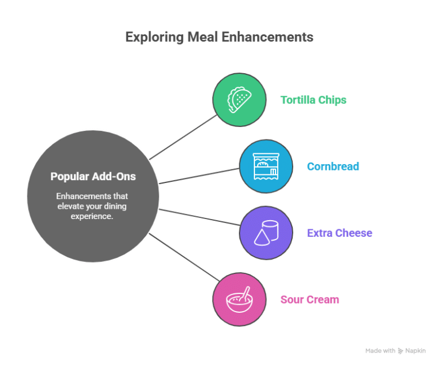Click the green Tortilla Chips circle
point(239,100)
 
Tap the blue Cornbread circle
point(266,166)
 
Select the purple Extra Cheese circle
point(266,233)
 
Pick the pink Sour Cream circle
point(239,299)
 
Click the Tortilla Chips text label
point(313,100)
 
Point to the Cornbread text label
point(333,166)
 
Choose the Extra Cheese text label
point(340,233)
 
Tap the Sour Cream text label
point(309,299)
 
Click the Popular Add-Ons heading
point(93,176)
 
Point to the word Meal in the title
point(201,37)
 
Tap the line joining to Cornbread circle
point(199,176)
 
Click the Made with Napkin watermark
point(396,351)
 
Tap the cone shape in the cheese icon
point(261,236)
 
